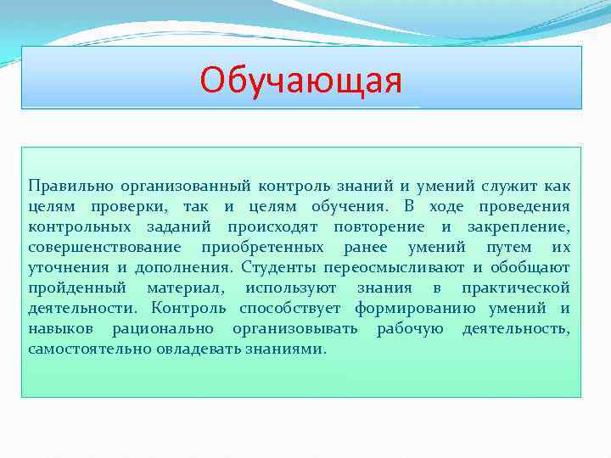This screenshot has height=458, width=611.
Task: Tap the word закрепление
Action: point(519,226)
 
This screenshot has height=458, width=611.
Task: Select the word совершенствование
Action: point(104,247)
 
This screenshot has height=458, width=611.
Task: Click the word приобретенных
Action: point(262,247)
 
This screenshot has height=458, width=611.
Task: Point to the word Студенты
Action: point(277,267)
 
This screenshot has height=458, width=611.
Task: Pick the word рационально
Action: point(158,328)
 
